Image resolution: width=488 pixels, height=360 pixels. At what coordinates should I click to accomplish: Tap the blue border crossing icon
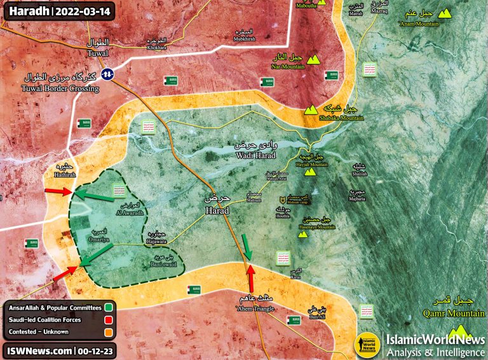coord(109,74)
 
